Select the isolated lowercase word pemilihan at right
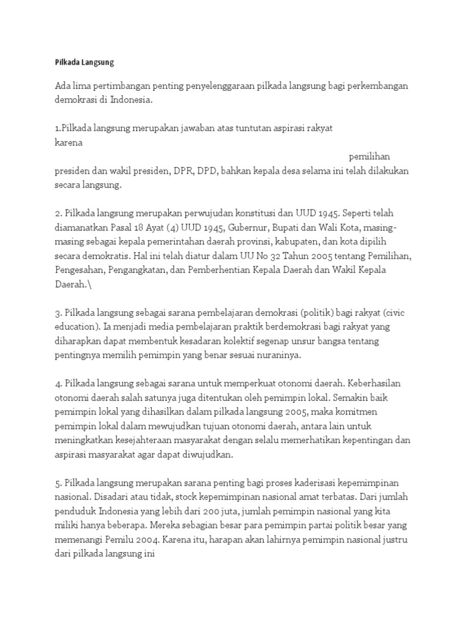[369, 157]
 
